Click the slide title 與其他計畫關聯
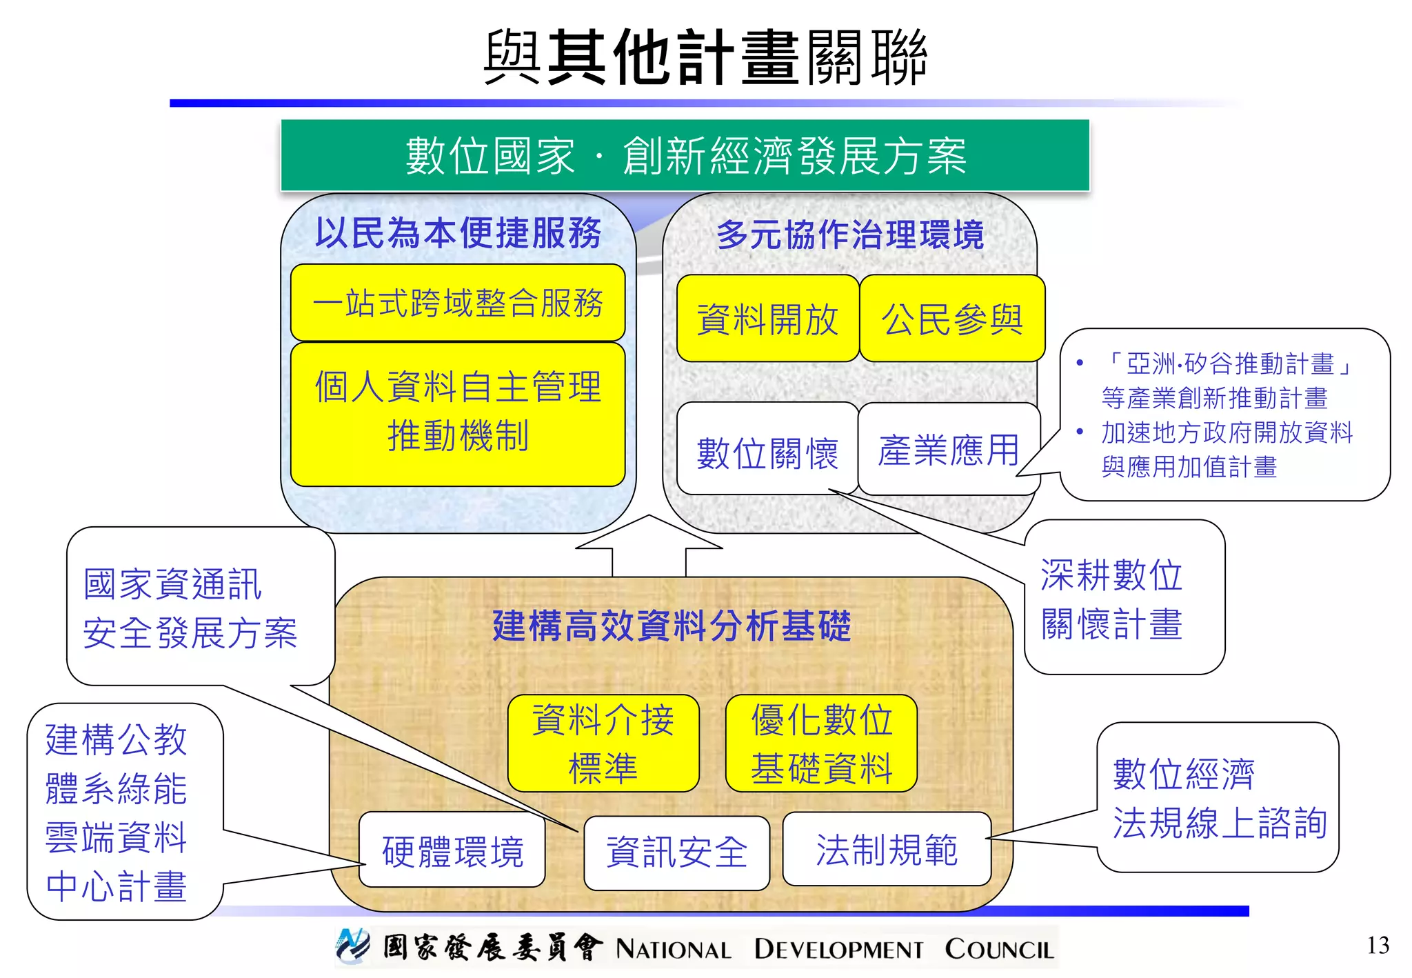point(705,57)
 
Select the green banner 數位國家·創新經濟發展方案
point(685,156)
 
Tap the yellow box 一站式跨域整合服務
point(458,303)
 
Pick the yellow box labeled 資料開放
point(767,319)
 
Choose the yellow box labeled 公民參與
point(952,319)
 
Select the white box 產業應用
point(949,450)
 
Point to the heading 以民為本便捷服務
point(458,233)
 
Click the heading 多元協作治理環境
point(849,234)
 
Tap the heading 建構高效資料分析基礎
point(672,626)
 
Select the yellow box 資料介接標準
point(603,744)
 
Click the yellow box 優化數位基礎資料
point(821,744)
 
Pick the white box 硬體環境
point(452,850)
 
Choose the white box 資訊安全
point(676,852)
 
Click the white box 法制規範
point(887,849)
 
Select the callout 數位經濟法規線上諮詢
point(1218,798)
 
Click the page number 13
point(1378,945)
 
